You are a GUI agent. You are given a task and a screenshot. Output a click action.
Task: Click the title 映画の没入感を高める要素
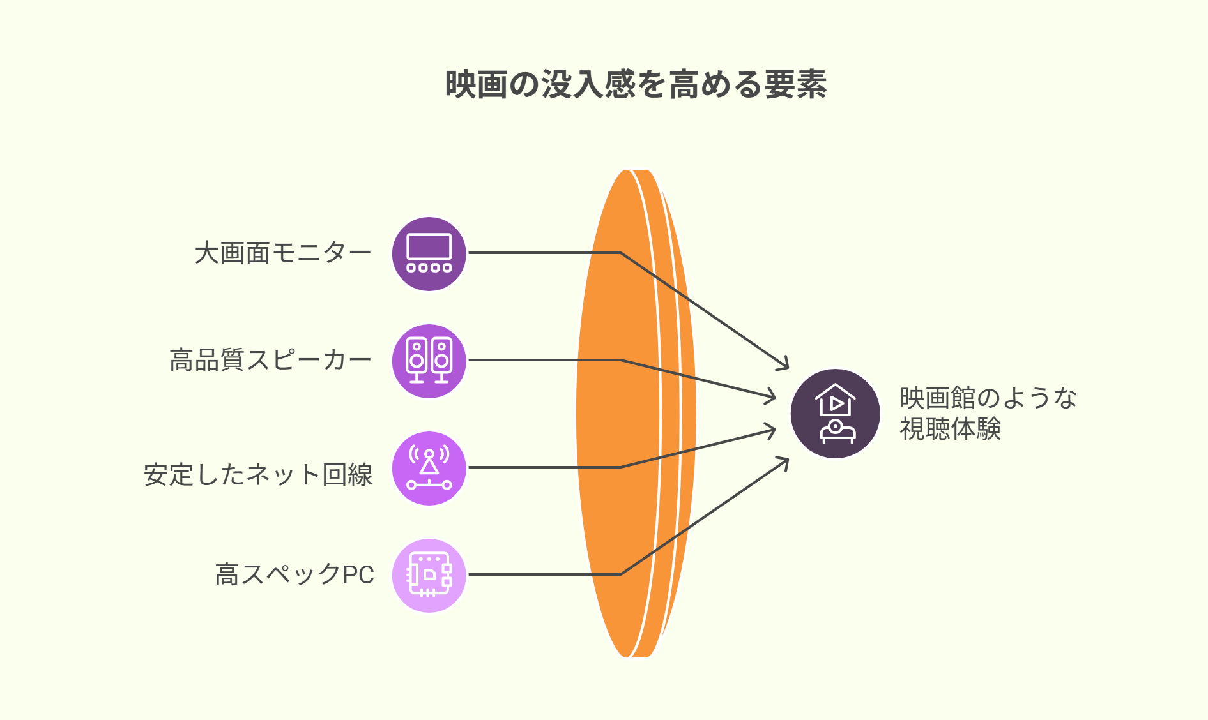[x=636, y=84]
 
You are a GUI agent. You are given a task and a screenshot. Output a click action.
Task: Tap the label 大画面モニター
[x=283, y=253]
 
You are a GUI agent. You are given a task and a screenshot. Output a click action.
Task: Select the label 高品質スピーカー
[x=270, y=361]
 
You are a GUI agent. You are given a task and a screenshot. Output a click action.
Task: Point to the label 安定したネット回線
[x=258, y=475]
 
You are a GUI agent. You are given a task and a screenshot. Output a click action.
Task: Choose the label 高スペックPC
[x=294, y=574]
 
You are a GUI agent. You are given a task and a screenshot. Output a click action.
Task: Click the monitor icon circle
[x=429, y=253]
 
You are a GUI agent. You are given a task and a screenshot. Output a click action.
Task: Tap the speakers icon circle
[x=429, y=361]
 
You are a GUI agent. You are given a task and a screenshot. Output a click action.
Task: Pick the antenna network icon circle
[x=429, y=468]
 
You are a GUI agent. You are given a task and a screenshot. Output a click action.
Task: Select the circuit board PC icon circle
[x=429, y=575]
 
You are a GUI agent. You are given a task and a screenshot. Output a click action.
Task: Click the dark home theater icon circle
[x=835, y=414]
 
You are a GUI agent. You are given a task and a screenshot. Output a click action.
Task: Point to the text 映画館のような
[x=988, y=398]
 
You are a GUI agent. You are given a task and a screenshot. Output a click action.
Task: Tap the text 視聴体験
[x=950, y=428]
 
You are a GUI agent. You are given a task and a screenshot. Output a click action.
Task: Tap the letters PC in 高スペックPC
[x=358, y=574]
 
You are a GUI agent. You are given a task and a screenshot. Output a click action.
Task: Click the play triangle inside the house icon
[x=836, y=403]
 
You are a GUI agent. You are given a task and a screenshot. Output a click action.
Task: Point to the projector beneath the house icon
[x=837, y=431]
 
